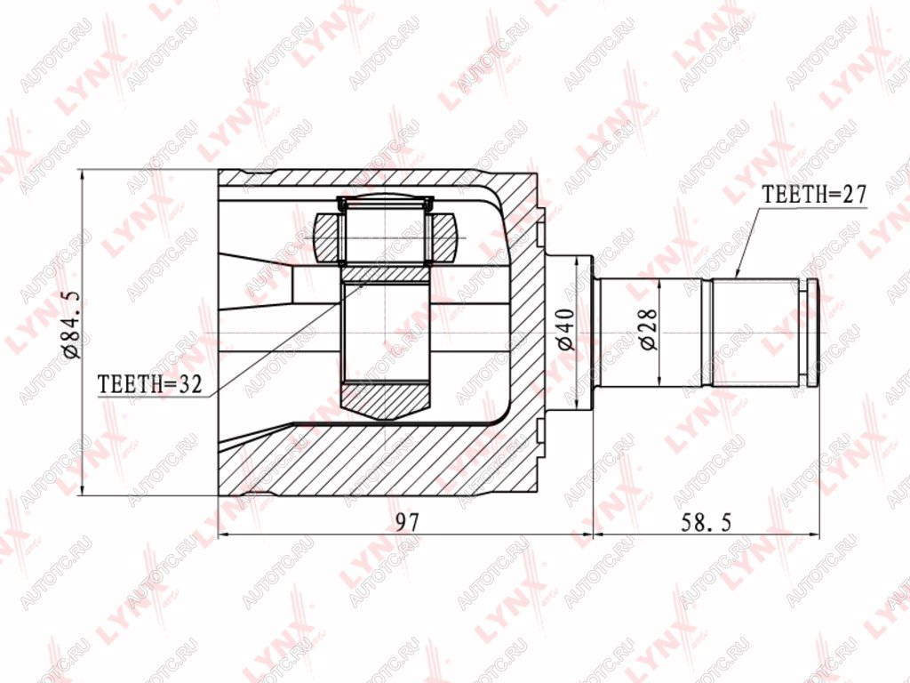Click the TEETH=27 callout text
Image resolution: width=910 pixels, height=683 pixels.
coord(814,194)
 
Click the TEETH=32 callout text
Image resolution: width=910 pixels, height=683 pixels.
coord(149,384)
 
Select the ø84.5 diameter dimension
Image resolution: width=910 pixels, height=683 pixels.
coord(74,325)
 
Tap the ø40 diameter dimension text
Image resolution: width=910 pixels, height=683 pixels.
coord(565,329)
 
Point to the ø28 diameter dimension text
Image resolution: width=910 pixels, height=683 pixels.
coord(649,329)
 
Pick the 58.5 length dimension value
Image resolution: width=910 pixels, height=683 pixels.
coord(705,522)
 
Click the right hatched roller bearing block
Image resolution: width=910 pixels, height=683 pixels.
coord(443,237)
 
